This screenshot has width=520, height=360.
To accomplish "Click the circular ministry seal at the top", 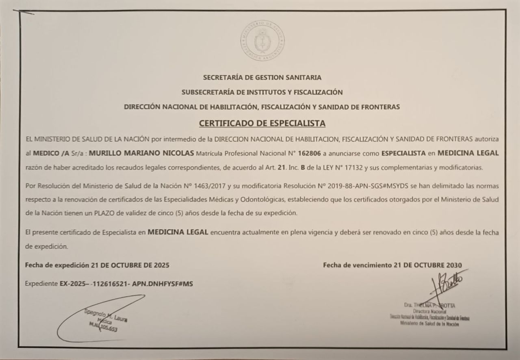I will tap(262, 41).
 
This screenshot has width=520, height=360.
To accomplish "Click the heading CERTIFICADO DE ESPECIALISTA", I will tap(262, 123).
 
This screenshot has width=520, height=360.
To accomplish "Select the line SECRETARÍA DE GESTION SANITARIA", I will tap(262, 77).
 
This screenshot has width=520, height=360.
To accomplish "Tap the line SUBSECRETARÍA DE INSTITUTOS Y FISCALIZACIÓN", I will tap(262, 92).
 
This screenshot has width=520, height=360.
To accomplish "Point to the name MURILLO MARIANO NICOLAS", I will tap(141, 153).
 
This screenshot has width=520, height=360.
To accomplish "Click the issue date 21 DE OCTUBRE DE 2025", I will tap(130, 265).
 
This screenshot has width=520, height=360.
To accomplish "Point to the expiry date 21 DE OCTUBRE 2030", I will tap(427, 265).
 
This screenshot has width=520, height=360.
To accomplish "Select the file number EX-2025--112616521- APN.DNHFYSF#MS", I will tap(126, 284).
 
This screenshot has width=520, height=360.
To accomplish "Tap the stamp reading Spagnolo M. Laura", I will tap(106, 320).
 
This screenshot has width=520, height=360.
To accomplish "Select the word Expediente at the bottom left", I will tap(41, 284).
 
